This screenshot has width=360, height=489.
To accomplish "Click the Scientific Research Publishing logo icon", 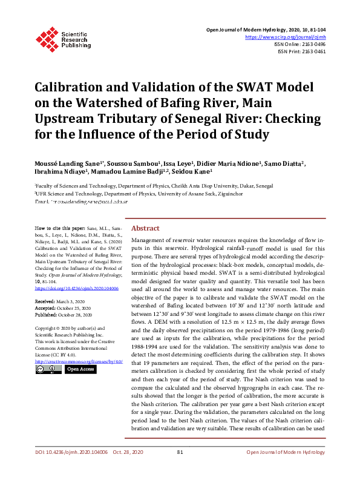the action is click(47, 38).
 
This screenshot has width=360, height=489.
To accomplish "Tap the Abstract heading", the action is click(145, 228).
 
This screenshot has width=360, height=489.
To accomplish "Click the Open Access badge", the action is click(80, 369).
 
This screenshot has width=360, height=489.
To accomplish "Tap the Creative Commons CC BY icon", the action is click(48, 369).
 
